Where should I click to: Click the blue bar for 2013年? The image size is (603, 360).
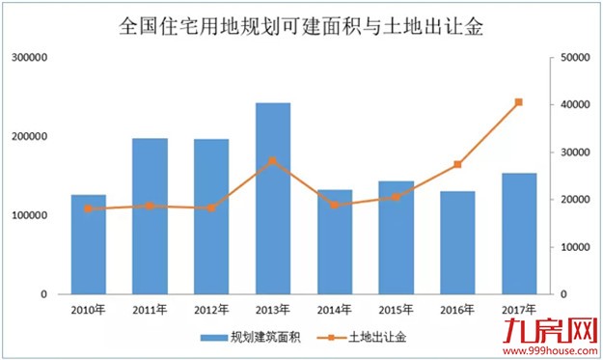coord(273,198)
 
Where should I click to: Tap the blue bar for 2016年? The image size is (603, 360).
coord(457,242)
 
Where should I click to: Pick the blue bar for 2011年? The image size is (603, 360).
coord(150,216)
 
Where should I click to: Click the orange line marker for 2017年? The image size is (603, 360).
coord(519,102)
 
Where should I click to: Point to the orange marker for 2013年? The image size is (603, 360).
coord(273,161)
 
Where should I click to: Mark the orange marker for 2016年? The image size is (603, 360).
coord(457,165)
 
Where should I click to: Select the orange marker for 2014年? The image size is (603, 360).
coord(335,205)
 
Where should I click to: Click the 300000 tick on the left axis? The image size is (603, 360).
coord(31,58)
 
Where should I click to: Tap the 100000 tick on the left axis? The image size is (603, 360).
coord(31,215)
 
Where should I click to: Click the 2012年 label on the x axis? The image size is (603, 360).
coord(211,310)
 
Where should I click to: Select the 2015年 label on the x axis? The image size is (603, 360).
coord(396,310)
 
